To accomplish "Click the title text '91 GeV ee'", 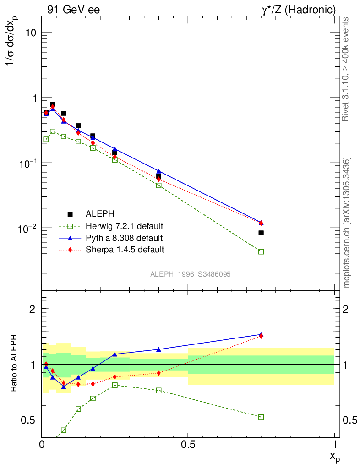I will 73,9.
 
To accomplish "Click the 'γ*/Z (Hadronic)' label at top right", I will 297,9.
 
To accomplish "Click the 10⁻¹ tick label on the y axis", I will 28,163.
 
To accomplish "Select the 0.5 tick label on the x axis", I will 188,444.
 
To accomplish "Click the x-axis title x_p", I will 334,456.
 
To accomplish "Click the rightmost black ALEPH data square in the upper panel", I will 261,233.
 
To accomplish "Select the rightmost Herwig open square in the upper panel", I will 261,251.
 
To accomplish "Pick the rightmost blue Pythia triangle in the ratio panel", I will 261,335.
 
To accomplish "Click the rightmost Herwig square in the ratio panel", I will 261,417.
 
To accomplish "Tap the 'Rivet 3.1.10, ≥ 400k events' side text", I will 346,69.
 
